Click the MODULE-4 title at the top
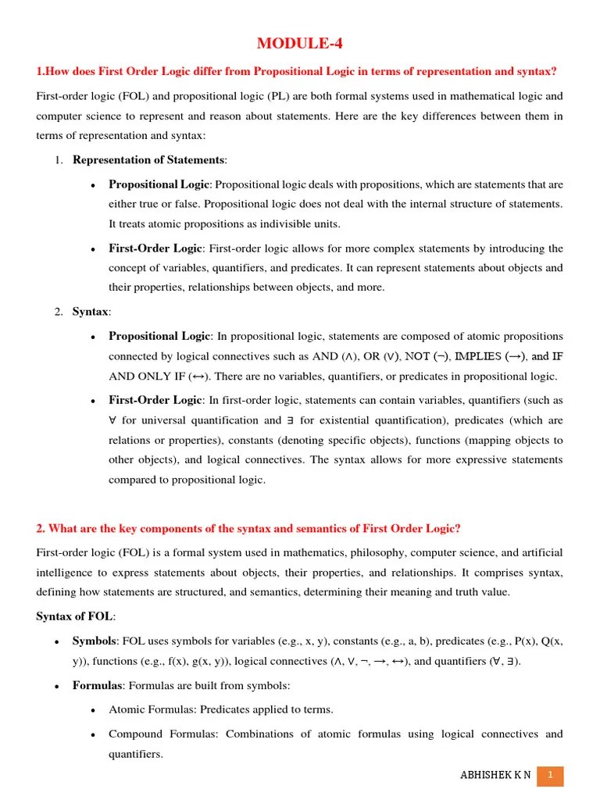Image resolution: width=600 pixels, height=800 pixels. click(x=300, y=44)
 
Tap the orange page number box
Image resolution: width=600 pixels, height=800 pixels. click(x=550, y=775)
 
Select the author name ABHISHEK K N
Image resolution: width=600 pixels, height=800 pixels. click(x=495, y=775)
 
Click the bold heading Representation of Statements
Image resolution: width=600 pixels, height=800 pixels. click(x=148, y=160)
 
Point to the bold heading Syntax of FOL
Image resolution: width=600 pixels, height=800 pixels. click(x=74, y=616)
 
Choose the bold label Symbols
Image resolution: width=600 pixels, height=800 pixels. click(x=94, y=641)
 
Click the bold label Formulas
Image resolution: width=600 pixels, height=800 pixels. click(x=98, y=685)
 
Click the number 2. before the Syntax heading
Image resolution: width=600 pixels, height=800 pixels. click(x=59, y=312)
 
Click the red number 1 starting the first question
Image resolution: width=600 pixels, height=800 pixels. click(x=40, y=72)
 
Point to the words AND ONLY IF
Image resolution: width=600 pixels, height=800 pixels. click(x=146, y=376)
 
